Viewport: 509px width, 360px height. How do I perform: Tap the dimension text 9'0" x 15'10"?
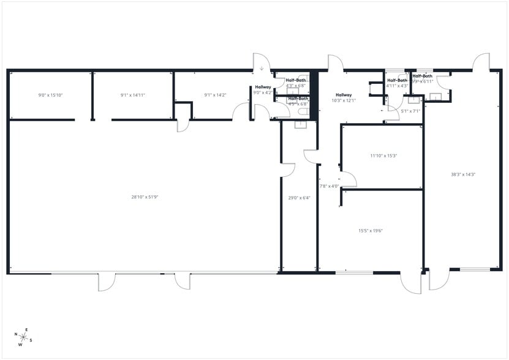point(51,95)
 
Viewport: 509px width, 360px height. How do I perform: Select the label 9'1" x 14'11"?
point(133,95)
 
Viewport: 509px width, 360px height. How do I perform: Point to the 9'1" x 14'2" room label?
point(215,95)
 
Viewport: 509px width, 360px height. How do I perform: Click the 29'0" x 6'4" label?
point(300,198)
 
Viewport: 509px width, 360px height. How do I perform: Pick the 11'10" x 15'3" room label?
point(384,156)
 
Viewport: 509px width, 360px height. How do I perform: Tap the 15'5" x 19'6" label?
point(371,231)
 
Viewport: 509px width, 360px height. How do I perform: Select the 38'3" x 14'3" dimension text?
point(464,174)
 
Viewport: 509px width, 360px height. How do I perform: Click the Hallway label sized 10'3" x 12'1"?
point(344,98)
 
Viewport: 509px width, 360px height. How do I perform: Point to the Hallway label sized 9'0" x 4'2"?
point(263,90)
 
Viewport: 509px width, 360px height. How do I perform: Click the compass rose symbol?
point(23,336)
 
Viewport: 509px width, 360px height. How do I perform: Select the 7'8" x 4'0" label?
point(329,186)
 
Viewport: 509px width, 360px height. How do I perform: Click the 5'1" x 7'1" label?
point(410,111)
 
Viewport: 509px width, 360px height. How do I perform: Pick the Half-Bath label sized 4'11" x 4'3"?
point(397,83)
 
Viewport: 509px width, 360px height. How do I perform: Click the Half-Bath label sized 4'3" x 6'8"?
point(296,83)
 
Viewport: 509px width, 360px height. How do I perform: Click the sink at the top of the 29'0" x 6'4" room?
point(300,125)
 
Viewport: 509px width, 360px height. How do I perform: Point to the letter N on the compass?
point(16,334)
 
